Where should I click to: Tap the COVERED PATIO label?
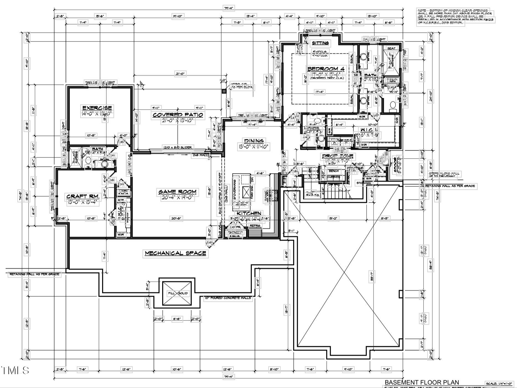coord(178,115)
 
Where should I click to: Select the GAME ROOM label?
coord(177,192)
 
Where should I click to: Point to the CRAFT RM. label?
coord(82,196)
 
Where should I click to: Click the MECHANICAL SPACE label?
coord(175,253)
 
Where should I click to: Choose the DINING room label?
coord(254,141)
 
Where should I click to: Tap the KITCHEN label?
coord(249,213)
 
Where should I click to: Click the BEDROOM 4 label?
coord(326,69)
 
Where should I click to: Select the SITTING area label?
coord(320,43)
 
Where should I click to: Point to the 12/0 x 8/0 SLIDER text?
coord(177,147)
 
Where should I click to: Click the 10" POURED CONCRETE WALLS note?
coord(228,298)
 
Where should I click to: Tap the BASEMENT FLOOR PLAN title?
coord(422,382)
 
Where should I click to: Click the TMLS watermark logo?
coord(15,370)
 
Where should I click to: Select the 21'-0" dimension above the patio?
coord(180,74)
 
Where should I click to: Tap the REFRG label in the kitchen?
coord(255,226)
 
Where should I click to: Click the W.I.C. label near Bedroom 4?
coord(367,130)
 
